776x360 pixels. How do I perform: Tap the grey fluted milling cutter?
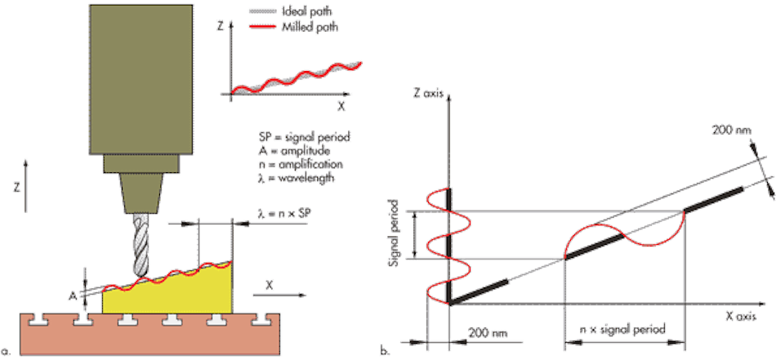pyautogui.click(x=141, y=245)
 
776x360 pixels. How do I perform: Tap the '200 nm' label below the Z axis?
pyautogui.click(x=487, y=332)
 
